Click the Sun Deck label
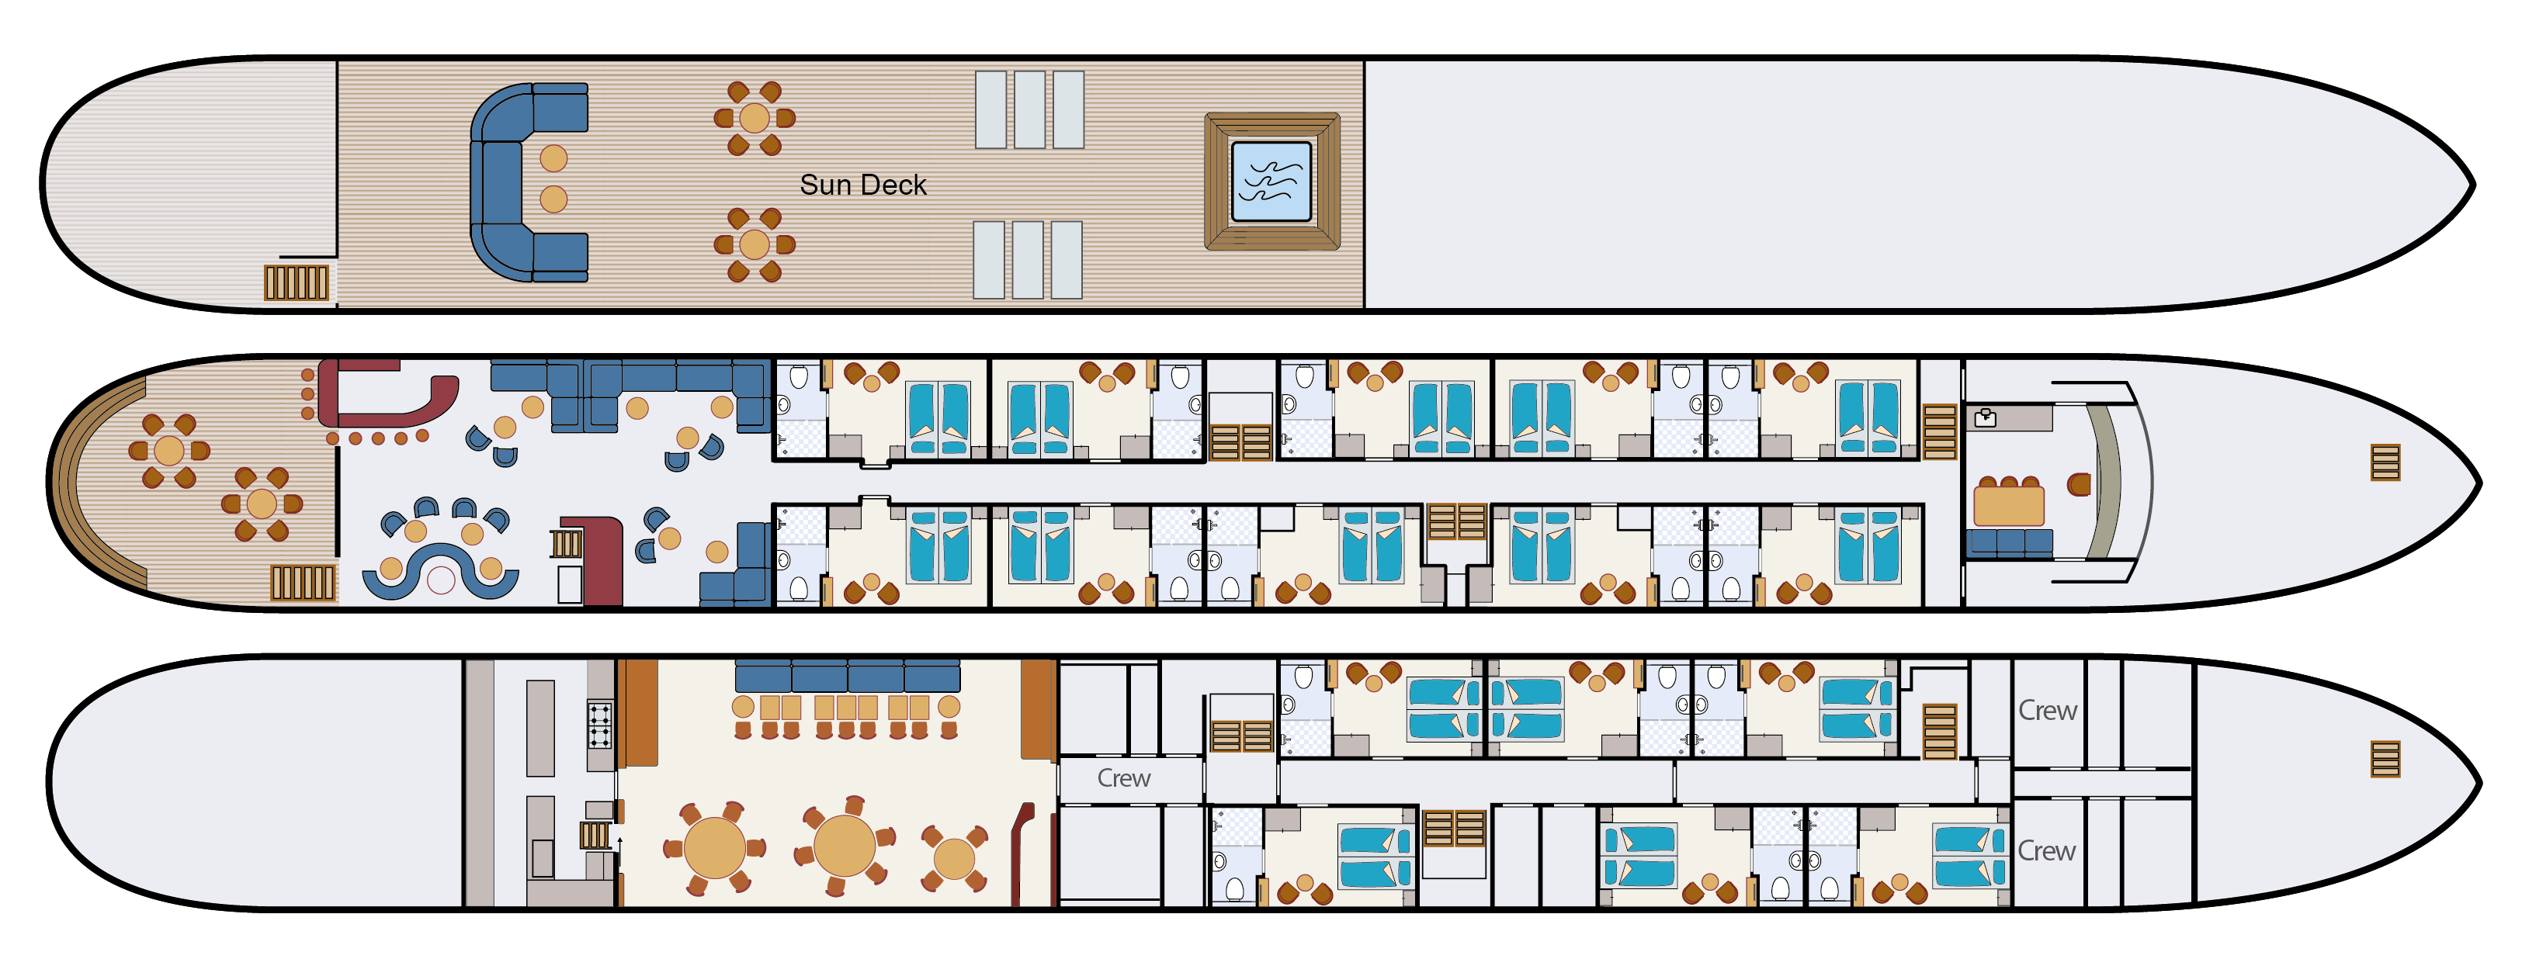click(862, 185)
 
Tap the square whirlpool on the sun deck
click(1271, 181)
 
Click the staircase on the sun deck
click(296, 282)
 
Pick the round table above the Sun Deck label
click(754, 119)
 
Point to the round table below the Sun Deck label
click(754, 244)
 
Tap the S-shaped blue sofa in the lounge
click(441, 574)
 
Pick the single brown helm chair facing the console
click(2079, 483)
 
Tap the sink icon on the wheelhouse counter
click(1985, 419)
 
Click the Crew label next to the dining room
click(1123, 778)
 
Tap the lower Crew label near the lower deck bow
click(2046, 850)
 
